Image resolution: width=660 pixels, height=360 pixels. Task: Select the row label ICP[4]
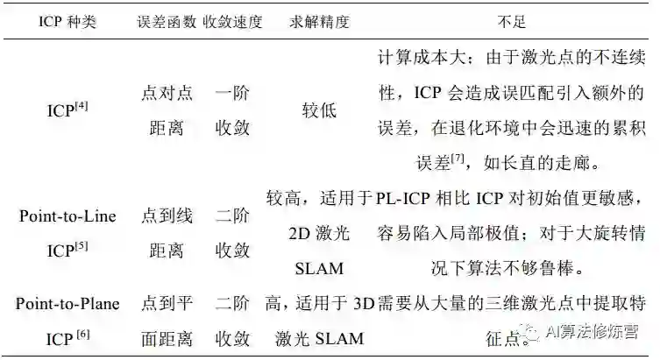click(67, 111)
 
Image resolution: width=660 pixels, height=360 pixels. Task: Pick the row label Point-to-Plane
click(67, 303)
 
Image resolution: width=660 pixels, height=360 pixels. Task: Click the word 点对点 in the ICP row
click(167, 93)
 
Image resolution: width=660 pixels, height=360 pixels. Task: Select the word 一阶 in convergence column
click(232, 93)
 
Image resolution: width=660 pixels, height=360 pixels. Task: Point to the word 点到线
click(167, 216)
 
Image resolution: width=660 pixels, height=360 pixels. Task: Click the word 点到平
click(167, 303)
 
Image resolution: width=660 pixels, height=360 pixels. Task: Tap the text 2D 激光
click(318, 233)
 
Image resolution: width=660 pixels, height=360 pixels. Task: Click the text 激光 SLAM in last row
click(318, 338)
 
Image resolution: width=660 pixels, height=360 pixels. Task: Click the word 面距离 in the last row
click(167, 338)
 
